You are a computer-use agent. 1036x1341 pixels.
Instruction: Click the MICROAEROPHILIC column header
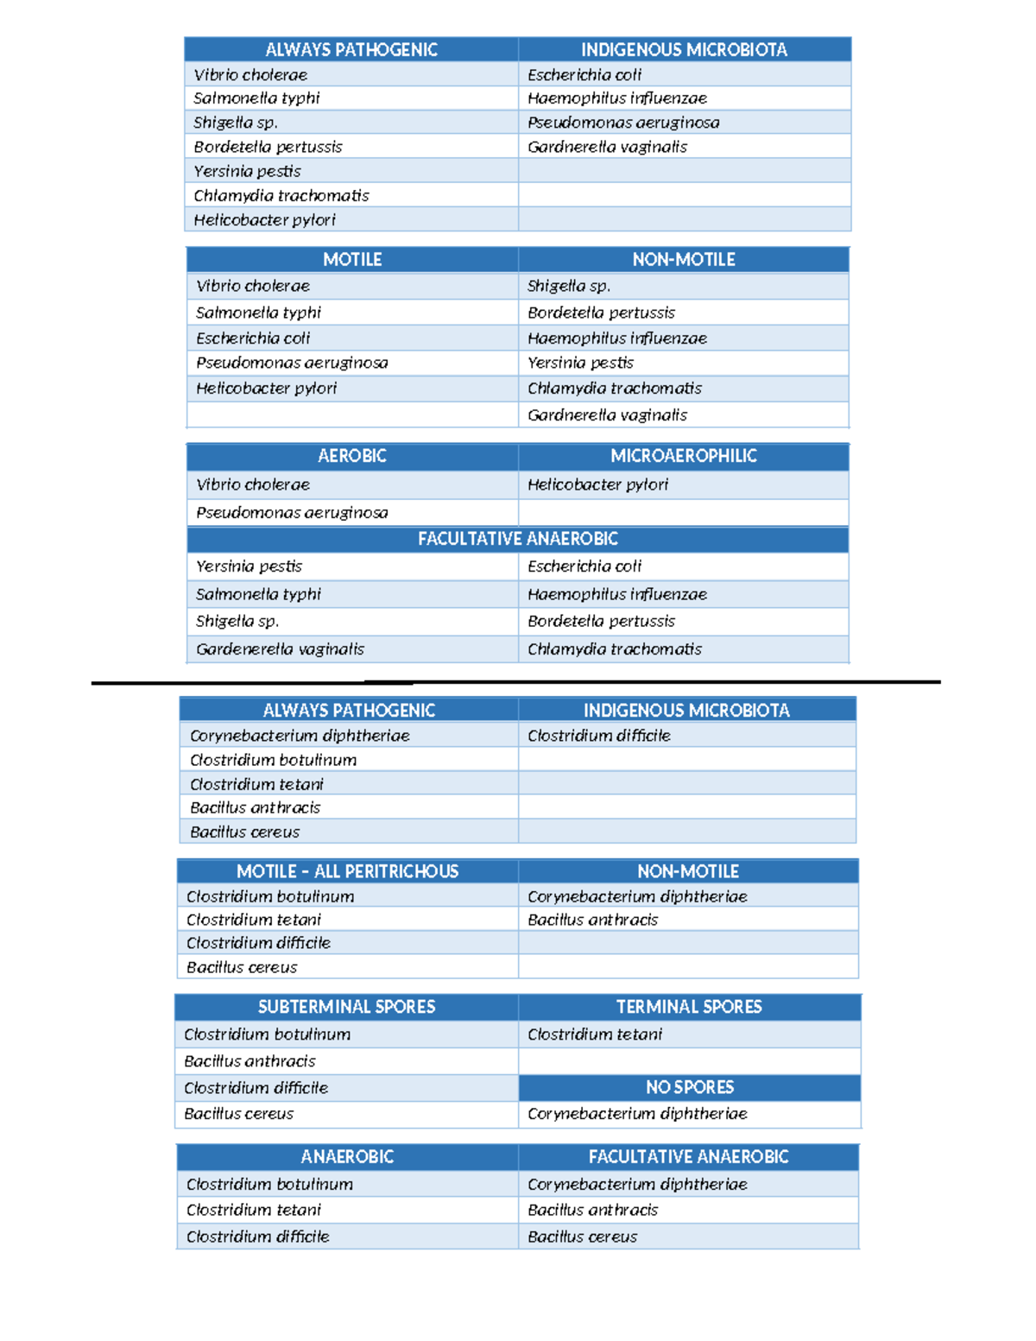683,456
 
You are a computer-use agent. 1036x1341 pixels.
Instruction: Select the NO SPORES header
689,1087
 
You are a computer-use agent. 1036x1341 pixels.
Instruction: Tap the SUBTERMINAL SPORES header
346,1007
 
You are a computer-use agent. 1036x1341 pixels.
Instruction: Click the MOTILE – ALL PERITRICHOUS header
347,871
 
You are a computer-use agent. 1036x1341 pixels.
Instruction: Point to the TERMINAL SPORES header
689,1007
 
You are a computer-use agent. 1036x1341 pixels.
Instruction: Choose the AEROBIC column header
351,456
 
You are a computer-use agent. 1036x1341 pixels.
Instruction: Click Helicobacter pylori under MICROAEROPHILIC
597,484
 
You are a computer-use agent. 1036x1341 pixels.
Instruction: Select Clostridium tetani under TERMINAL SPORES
594,1034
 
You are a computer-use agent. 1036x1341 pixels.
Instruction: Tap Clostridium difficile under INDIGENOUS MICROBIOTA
598,736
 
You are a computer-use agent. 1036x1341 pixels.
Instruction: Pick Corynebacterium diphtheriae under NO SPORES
637,1114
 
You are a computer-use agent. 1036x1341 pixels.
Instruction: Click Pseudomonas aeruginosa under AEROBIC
292,513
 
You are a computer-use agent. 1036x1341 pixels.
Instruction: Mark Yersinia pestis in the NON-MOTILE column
580,363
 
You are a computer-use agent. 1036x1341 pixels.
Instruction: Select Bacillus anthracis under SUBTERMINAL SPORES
250,1061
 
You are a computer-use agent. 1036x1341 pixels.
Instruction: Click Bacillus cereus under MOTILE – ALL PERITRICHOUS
242,968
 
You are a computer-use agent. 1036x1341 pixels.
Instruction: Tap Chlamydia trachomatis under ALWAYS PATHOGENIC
281,196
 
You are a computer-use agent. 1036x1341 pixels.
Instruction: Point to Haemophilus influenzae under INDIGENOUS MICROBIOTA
616,98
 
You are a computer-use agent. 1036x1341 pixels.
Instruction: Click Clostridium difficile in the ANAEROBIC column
257,1237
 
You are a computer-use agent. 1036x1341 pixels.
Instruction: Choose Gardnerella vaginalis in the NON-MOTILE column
607,415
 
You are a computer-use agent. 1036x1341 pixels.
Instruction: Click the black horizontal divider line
515,682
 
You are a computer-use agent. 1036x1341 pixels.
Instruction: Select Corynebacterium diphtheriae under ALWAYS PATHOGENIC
300,736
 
